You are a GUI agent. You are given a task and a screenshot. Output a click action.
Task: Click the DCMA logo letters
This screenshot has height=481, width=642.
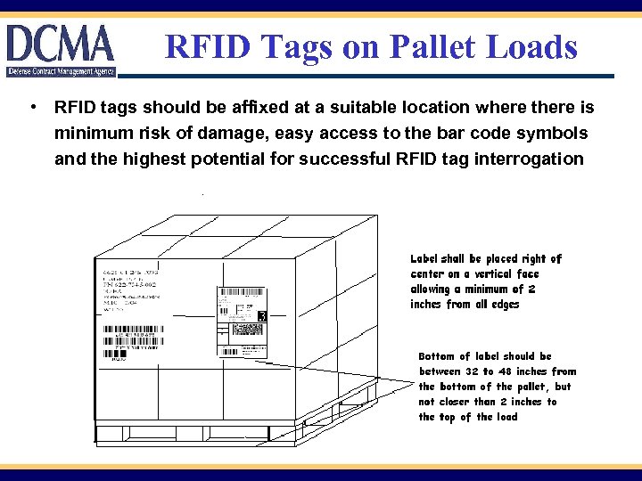61,43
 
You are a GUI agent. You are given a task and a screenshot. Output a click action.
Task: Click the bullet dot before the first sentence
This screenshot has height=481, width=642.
32,108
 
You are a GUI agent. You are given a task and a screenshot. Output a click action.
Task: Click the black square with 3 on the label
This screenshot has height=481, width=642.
262,316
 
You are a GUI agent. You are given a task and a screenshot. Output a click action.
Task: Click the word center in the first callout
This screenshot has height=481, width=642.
428,273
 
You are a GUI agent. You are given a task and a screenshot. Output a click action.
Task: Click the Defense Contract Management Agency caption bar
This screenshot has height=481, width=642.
60,70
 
